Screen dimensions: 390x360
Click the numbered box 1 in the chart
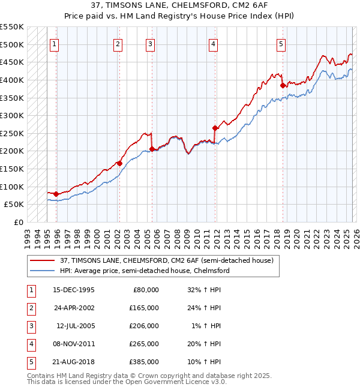tap(55, 43)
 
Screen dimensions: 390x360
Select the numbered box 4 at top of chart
tap(213, 43)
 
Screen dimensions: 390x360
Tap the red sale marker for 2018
tap(283, 85)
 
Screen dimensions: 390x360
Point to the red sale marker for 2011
tap(215, 128)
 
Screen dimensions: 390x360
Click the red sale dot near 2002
tap(119, 163)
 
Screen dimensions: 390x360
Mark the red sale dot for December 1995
tap(56, 194)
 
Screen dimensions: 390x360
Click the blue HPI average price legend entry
tap(144, 271)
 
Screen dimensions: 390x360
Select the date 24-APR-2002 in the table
tap(74, 307)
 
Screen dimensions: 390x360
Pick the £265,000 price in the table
tap(145, 344)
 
